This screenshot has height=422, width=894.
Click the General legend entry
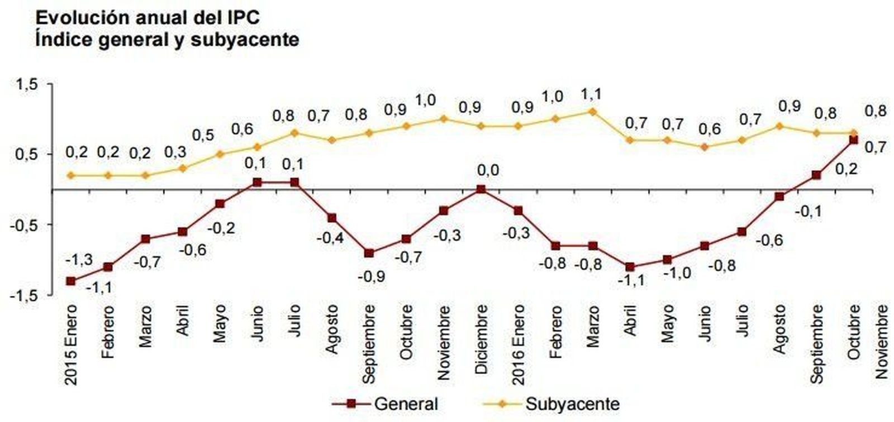[x=406, y=404]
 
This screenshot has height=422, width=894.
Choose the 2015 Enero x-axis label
[x=70, y=344]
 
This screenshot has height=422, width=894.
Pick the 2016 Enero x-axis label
[x=519, y=344]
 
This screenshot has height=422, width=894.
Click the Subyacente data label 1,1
[x=591, y=94]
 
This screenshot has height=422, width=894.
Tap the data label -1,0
[x=677, y=273]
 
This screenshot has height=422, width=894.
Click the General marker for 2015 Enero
[x=70, y=281]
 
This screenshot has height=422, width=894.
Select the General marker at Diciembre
[x=480, y=190]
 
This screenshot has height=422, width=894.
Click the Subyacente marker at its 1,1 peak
[x=592, y=112]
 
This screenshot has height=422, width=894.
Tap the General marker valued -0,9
[x=369, y=253]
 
